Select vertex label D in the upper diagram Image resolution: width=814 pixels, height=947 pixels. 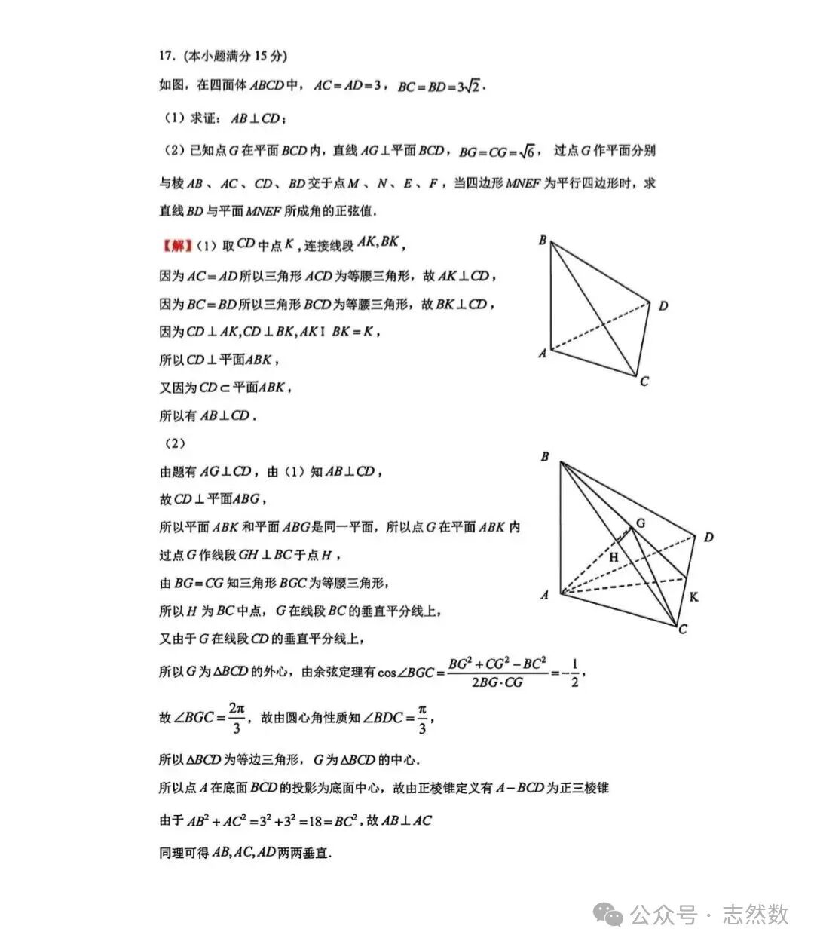pyautogui.click(x=663, y=305)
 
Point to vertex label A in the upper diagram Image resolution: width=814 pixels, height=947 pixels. pyautogui.click(x=542, y=353)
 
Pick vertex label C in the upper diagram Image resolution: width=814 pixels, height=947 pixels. pyautogui.click(x=644, y=382)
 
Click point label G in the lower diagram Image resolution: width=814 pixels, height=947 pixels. pyautogui.click(x=641, y=522)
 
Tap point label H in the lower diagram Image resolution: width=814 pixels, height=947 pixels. pyautogui.click(x=614, y=557)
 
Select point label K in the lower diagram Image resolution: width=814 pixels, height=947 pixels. pyautogui.click(x=694, y=597)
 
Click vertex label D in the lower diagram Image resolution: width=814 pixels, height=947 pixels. pyautogui.click(x=708, y=537)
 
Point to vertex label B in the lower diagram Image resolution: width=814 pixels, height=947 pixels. pyautogui.click(x=545, y=457)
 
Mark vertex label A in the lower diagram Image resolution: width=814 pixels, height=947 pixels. pyautogui.click(x=545, y=595)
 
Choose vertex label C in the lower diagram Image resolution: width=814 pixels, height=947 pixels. pyautogui.click(x=683, y=629)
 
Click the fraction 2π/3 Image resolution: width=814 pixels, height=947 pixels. pyautogui.click(x=237, y=718)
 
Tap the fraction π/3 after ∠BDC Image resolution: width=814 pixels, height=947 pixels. pyautogui.click(x=422, y=718)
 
